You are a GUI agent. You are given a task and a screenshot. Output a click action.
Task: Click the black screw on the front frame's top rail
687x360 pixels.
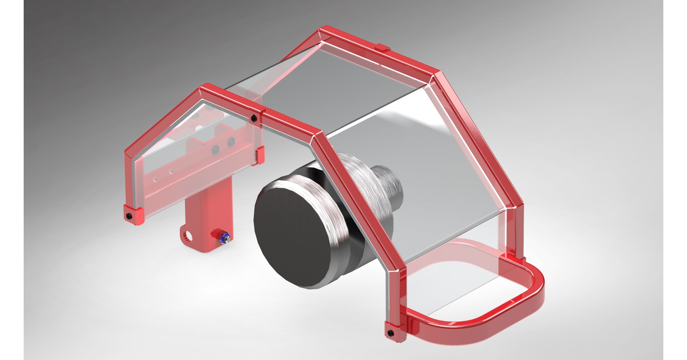[x=254, y=117]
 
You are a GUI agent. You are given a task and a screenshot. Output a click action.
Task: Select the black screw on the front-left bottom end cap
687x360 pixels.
[x=129, y=215]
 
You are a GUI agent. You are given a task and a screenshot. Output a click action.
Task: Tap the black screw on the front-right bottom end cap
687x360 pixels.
[x=390, y=332]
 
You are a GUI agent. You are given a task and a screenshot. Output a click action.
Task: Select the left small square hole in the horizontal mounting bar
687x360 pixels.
[x=156, y=179]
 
